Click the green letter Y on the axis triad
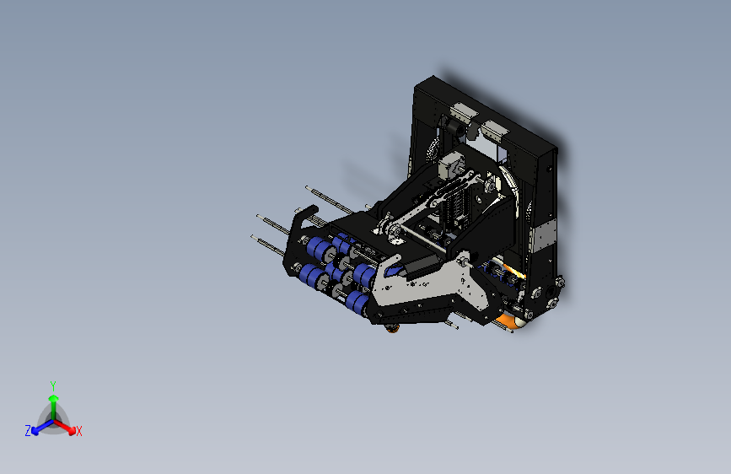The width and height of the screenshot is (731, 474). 52,385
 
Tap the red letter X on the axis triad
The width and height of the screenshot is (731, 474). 79,432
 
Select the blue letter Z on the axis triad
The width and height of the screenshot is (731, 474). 28,431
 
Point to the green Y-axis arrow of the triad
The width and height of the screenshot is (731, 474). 53,401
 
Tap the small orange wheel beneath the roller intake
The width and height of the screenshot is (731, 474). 393,328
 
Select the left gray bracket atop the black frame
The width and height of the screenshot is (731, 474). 464,112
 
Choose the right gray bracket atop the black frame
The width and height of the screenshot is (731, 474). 494,130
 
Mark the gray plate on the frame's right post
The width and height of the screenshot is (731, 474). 545,235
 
